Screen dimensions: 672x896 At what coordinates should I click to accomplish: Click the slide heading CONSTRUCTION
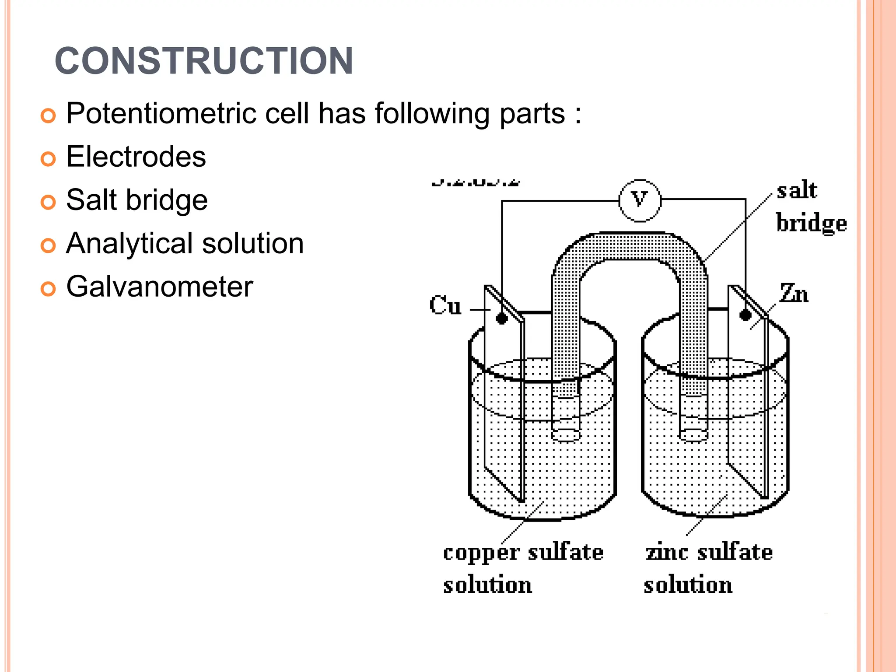(x=204, y=61)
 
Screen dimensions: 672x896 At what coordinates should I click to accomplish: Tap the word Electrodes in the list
(x=136, y=157)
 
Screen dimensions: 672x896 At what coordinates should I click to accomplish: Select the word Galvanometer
(x=159, y=287)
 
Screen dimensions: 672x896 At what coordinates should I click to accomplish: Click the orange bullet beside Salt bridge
(x=48, y=202)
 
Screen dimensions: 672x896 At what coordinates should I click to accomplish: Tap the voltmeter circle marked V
(x=640, y=200)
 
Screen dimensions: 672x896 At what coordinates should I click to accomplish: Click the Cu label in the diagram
(x=445, y=305)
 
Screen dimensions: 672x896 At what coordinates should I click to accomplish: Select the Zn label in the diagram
(x=794, y=294)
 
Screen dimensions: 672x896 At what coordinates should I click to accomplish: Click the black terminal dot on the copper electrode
(x=502, y=318)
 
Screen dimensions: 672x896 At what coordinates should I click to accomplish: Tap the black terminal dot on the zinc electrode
(x=745, y=315)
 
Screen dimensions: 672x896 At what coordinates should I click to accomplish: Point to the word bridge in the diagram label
(x=811, y=223)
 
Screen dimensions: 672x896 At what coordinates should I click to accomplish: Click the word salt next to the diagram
(x=797, y=191)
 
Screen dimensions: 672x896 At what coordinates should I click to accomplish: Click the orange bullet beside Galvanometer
(x=48, y=289)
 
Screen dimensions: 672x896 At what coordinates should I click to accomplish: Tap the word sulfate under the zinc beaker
(x=735, y=552)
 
